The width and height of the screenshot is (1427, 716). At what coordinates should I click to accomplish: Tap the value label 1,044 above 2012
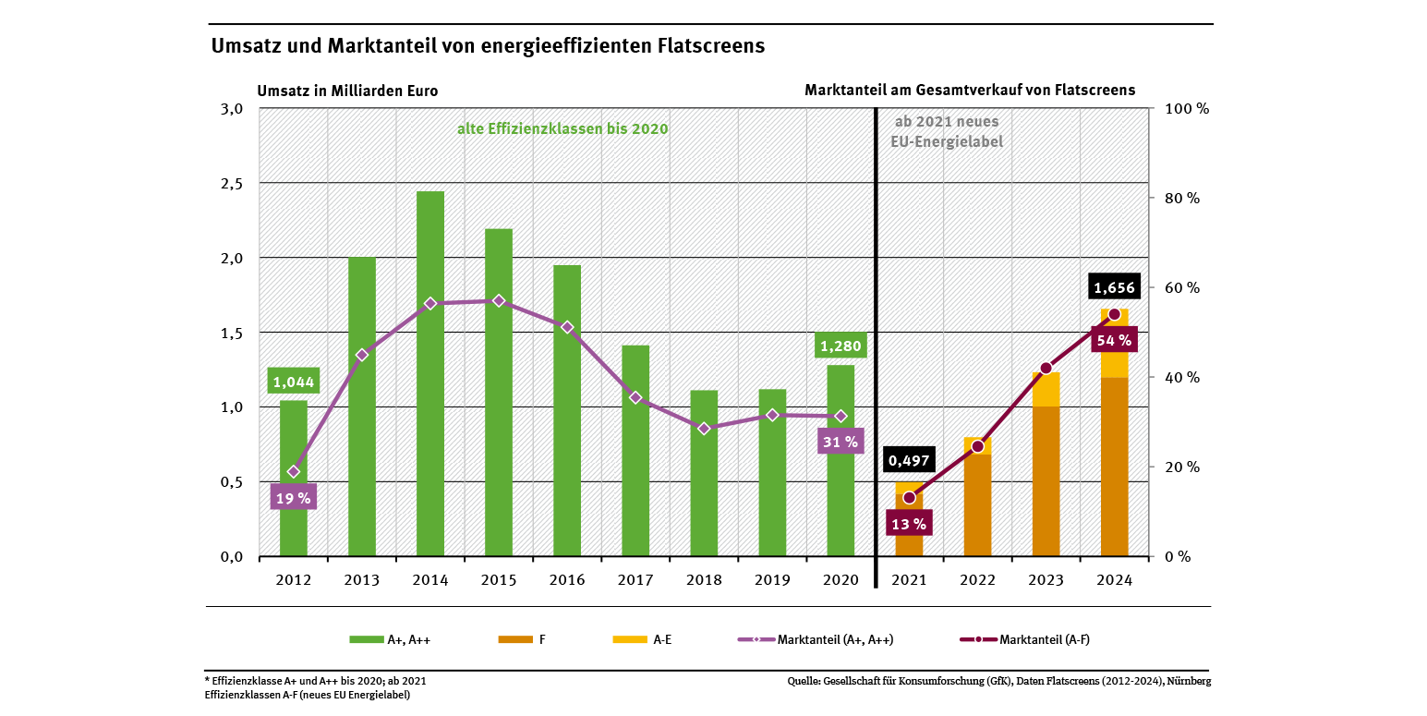pyautogui.click(x=294, y=382)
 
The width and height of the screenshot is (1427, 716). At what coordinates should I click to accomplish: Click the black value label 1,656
pyautogui.click(x=1114, y=287)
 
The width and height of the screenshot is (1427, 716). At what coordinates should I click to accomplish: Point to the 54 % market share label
pyautogui.click(x=1114, y=340)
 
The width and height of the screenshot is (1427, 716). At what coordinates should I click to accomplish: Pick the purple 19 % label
pyautogui.click(x=294, y=498)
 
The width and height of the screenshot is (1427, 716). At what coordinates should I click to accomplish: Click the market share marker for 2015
pyautogui.click(x=499, y=300)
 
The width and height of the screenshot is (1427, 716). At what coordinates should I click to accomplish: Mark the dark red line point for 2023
pyautogui.click(x=1046, y=369)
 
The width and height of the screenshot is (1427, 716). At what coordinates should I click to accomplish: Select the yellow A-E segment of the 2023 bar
pyautogui.click(x=1046, y=390)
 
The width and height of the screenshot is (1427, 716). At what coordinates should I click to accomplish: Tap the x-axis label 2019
pyautogui.click(x=772, y=580)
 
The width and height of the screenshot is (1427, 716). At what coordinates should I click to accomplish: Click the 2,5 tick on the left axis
pyautogui.click(x=231, y=183)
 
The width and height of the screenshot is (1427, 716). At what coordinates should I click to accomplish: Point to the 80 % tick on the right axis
pyautogui.click(x=1179, y=198)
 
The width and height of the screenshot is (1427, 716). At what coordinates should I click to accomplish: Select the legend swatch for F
pyautogui.click(x=515, y=639)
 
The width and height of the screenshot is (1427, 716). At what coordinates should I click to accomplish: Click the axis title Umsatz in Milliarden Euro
pyautogui.click(x=347, y=91)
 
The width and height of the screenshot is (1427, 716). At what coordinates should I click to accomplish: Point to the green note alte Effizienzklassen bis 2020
pyautogui.click(x=562, y=128)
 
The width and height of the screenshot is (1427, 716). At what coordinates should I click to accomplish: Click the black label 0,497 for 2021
pyautogui.click(x=909, y=459)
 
